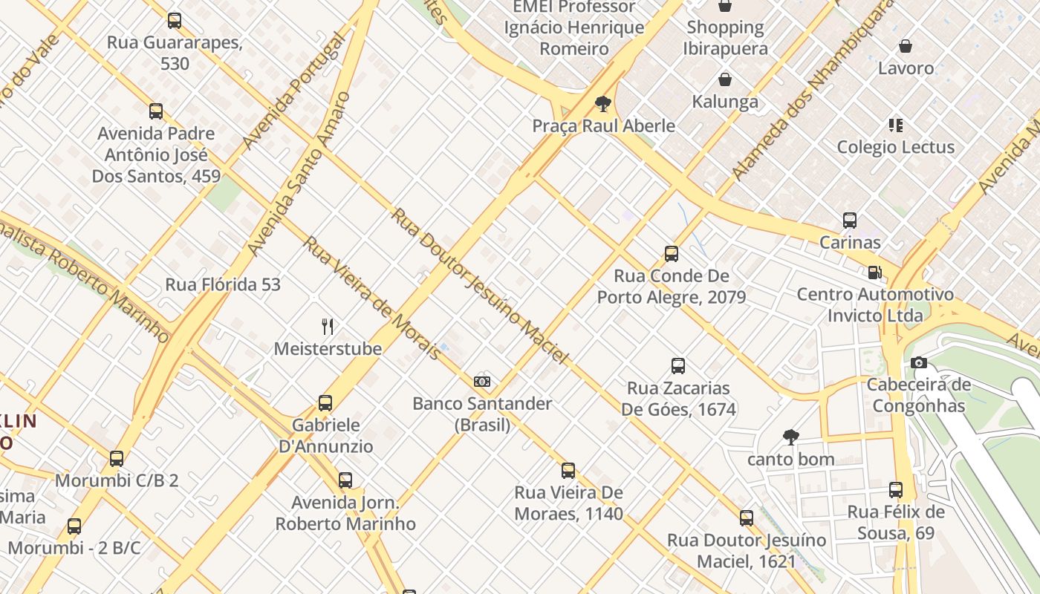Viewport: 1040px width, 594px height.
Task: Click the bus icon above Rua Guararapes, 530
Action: (175, 21)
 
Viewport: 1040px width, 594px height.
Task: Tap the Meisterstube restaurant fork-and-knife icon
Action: (328, 326)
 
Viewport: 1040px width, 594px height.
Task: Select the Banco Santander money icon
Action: (482, 382)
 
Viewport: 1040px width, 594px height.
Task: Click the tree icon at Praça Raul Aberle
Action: (603, 103)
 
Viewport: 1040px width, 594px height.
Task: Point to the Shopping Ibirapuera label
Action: (725, 38)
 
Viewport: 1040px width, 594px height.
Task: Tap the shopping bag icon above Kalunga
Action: (725, 79)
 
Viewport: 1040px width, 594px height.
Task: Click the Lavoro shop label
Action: (906, 68)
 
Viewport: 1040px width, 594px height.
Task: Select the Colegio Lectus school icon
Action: (896, 125)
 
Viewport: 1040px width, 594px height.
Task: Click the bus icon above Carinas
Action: (850, 221)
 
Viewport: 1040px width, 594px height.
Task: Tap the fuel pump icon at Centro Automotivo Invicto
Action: (875, 272)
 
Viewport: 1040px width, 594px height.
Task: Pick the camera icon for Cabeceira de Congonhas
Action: (919, 362)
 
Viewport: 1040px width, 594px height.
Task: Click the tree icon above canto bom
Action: (790, 437)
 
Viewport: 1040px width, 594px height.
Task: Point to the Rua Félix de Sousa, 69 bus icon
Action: (896, 490)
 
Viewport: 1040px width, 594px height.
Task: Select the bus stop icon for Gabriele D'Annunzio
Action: (325, 403)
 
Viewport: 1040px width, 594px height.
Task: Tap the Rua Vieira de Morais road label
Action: (371, 298)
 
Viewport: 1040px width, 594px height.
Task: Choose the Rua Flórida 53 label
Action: (223, 284)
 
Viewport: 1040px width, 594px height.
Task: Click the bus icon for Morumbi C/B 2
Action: (117, 459)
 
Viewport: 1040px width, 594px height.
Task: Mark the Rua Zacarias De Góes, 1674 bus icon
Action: (678, 366)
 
